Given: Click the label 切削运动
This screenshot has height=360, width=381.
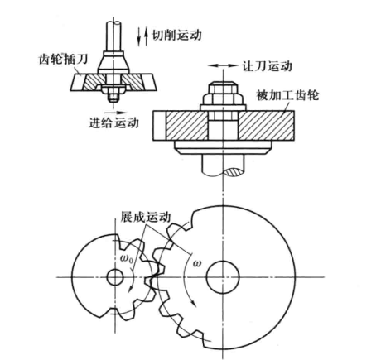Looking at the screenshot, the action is pyautogui.click(x=177, y=35).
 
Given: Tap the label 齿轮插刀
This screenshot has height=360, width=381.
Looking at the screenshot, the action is pyautogui.click(x=64, y=59).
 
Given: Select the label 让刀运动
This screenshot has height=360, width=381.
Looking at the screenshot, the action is pyautogui.click(x=267, y=66).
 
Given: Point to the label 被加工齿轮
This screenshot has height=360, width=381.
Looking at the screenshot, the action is pyautogui.click(x=287, y=95).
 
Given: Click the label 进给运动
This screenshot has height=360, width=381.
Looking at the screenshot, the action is pyautogui.click(x=113, y=122).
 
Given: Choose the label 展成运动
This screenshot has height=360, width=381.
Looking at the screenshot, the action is pyautogui.click(x=145, y=217).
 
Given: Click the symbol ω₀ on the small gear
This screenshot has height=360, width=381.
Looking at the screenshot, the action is pyautogui.click(x=127, y=259).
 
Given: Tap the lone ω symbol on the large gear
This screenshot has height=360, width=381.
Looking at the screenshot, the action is pyautogui.click(x=197, y=263).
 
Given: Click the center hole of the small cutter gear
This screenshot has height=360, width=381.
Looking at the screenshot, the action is pyautogui.click(x=115, y=277).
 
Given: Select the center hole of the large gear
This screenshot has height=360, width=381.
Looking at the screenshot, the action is pyautogui.click(x=223, y=276).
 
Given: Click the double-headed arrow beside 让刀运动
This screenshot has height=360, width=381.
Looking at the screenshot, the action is pyautogui.click(x=223, y=65).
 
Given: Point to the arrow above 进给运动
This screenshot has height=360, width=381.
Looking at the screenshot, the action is pyautogui.click(x=115, y=113).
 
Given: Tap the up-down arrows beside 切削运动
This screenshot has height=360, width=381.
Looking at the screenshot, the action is pyautogui.click(x=142, y=36).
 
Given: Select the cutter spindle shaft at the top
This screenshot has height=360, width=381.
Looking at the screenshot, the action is pyautogui.click(x=113, y=36).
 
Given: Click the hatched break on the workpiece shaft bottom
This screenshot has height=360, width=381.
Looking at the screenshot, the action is pyautogui.click(x=234, y=172).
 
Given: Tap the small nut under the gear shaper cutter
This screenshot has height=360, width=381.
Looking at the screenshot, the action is pyautogui.click(x=113, y=93).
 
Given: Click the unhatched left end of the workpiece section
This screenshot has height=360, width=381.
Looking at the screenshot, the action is pyautogui.click(x=160, y=126).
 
